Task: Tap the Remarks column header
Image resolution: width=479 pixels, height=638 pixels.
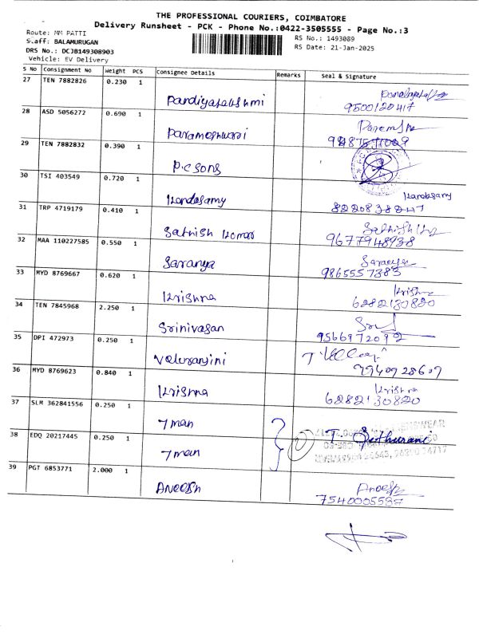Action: (x=288, y=73)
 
